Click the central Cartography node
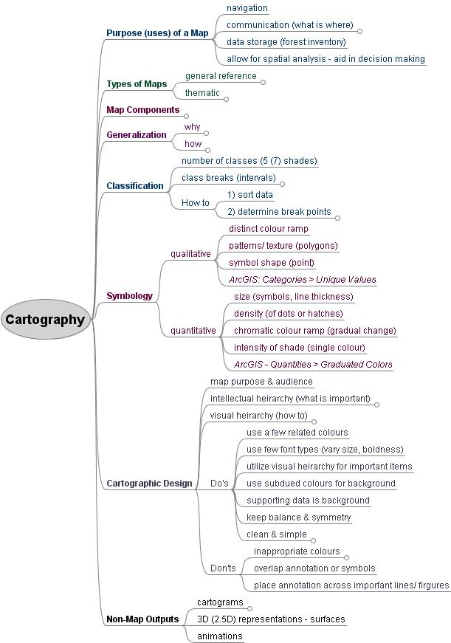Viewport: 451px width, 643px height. (x=45, y=320)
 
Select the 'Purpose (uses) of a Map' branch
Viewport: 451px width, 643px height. (x=156, y=33)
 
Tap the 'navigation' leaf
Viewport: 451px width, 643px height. (x=247, y=8)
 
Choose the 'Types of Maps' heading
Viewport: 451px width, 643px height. (x=137, y=84)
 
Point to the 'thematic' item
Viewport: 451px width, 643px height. (x=202, y=93)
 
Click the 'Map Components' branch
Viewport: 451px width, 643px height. (x=142, y=110)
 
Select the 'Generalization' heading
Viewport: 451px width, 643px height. (x=137, y=135)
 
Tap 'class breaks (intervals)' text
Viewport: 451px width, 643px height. (x=228, y=178)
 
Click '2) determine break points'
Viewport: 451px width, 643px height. (x=279, y=212)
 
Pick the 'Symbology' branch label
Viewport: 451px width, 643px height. (x=129, y=296)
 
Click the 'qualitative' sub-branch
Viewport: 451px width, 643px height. (x=190, y=254)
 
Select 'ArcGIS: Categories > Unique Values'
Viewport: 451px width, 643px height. (x=303, y=280)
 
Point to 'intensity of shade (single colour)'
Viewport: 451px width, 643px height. (x=299, y=348)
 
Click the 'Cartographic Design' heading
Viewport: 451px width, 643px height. (x=149, y=484)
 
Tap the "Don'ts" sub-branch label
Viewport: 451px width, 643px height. (x=223, y=568)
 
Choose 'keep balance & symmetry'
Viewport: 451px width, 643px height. (x=298, y=518)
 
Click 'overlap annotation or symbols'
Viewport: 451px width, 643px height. (x=314, y=568)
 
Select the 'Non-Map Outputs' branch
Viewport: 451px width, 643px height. (x=142, y=619)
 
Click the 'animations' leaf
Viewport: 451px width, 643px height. (x=219, y=636)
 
